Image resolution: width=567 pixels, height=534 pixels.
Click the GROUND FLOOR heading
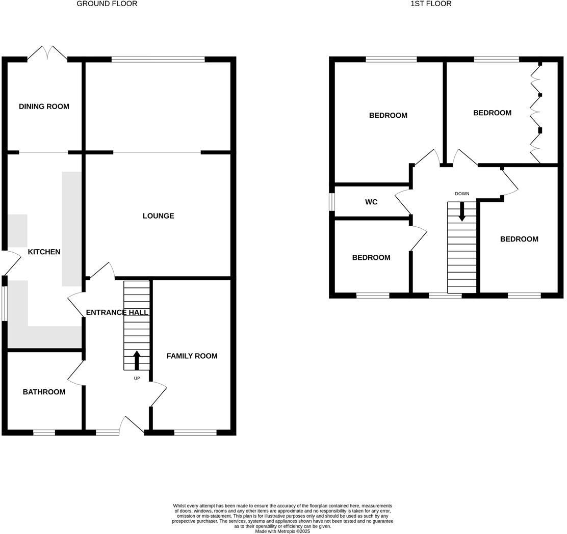(107, 4)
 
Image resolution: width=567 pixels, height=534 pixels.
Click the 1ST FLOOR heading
(431, 4)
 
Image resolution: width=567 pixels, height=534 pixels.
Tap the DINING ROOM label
(44, 106)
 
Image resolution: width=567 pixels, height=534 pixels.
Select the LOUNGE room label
(158, 216)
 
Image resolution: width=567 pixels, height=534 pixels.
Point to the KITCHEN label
(44, 252)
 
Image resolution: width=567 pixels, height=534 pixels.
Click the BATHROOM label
(44, 392)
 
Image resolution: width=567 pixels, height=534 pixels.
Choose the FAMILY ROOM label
(192, 356)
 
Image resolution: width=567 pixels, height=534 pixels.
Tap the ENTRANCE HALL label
(117, 312)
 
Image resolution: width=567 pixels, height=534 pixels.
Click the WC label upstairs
(371, 202)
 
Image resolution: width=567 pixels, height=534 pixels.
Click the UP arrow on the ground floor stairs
(137, 360)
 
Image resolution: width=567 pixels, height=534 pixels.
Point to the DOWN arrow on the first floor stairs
(462, 211)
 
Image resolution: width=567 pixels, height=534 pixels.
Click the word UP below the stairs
(137, 379)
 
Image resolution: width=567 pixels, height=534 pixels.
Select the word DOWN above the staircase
(462, 194)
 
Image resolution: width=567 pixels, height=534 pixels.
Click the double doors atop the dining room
(47, 54)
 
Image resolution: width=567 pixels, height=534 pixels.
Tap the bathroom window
(44, 433)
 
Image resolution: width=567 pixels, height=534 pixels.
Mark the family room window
(195, 433)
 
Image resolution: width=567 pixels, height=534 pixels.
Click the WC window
(332, 202)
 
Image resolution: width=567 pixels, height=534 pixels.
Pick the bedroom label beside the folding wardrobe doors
(492, 113)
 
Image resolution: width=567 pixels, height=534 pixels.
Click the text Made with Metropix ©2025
(282, 531)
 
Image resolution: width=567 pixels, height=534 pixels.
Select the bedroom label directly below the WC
(371, 258)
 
